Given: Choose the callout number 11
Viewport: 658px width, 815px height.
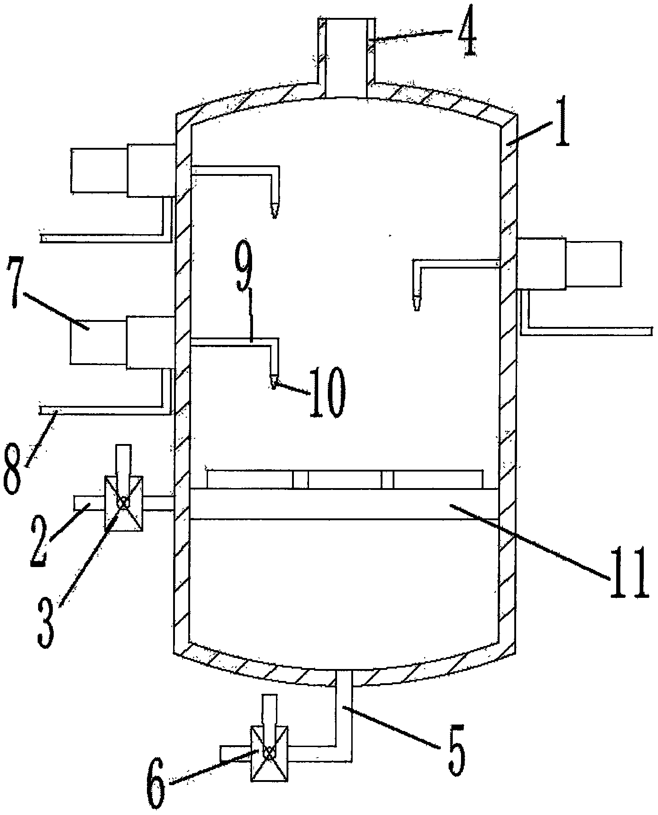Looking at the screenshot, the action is pos(629,572).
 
